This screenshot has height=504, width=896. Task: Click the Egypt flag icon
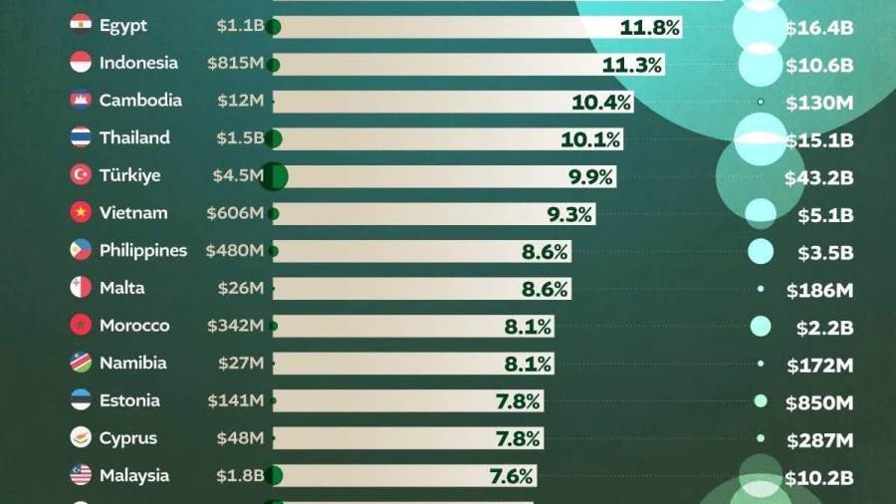(82, 25)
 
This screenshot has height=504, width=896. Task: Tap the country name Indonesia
(138, 63)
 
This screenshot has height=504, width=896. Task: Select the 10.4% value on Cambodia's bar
(601, 102)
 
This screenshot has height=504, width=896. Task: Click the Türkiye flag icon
(82, 175)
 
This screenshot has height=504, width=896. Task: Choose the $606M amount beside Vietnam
(235, 213)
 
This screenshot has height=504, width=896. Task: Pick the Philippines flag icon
(82, 250)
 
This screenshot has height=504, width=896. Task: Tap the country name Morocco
(134, 326)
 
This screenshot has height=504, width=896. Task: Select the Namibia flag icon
(82, 364)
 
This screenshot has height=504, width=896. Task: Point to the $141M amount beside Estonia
(235, 401)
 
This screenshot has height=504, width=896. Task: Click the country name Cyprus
(128, 438)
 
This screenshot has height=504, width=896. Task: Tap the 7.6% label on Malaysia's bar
(512, 476)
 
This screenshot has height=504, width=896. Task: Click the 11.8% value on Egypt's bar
(649, 27)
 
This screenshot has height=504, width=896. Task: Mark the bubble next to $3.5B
(761, 252)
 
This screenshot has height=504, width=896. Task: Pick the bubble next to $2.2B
(761, 327)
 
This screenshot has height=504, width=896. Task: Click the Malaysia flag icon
(82, 476)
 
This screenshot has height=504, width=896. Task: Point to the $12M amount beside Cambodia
(241, 101)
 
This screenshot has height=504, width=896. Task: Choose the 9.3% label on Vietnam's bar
(569, 213)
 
